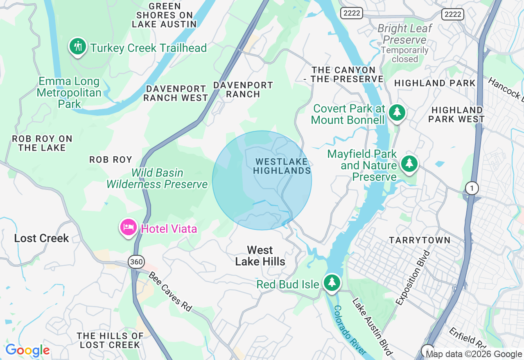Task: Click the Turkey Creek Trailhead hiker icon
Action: pos(77,46)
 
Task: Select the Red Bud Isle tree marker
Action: pos(332,282)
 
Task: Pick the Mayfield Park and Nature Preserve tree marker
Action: pos(409,163)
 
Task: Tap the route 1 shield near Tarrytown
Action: pos(472,188)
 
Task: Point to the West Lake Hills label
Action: pos(260,256)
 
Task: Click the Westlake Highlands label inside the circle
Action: pos(282,166)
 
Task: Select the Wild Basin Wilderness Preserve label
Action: pos(157,179)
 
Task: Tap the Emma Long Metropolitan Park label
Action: pos(69,92)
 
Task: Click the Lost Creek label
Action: pos(41,238)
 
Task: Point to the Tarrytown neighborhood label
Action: pos(420,240)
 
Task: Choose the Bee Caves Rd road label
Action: pos(170,291)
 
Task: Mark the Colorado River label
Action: pos(349,330)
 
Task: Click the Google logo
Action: pos(27,350)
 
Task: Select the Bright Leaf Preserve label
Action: pos(404,34)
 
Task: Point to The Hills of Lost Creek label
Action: pos(110,340)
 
